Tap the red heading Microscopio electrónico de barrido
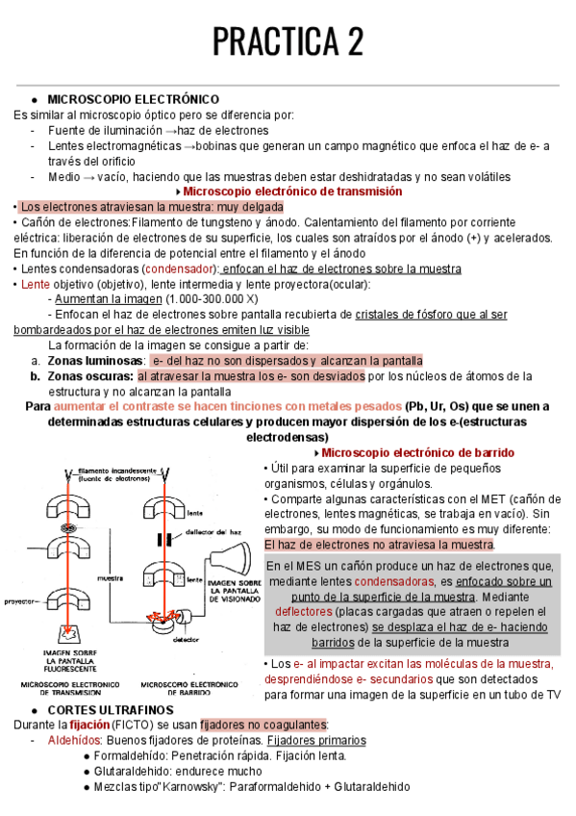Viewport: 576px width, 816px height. [x=417, y=452]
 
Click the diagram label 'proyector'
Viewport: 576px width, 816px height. [x=18, y=599]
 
